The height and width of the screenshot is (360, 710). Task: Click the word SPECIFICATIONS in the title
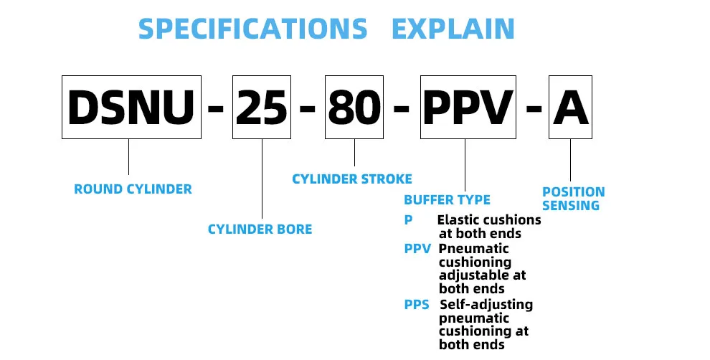[x=252, y=29]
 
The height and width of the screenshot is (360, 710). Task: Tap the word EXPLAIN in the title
[x=453, y=29]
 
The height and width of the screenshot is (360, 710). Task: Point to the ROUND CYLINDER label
[x=133, y=189]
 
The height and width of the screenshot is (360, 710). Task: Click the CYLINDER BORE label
[x=260, y=229]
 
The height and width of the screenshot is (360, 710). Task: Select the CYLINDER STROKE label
[x=352, y=179]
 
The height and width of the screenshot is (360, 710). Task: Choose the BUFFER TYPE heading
[x=447, y=199]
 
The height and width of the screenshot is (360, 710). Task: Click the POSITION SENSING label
[x=573, y=199]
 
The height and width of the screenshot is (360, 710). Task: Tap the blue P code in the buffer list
[x=409, y=220]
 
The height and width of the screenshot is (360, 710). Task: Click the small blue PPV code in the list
[x=417, y=249]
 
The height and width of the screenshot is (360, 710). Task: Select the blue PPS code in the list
[x=417, y=304]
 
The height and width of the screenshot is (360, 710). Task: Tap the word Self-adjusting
[x=486, y=305]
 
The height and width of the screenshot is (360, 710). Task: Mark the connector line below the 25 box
[x=262, y=179]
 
